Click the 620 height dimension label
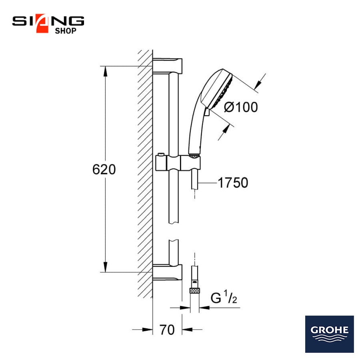(x=104, y=170)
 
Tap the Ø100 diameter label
(x=241, y=107)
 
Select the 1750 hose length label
(x=233, y=183)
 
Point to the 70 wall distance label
(x=167, y=330)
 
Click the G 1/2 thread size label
(x=224, y=297)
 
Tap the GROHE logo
(x=329, y=334)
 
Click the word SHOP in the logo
(x=66, y=31)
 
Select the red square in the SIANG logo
(x=42, y=24)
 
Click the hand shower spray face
(x=223, y=91)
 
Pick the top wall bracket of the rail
(x=167, y=66)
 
